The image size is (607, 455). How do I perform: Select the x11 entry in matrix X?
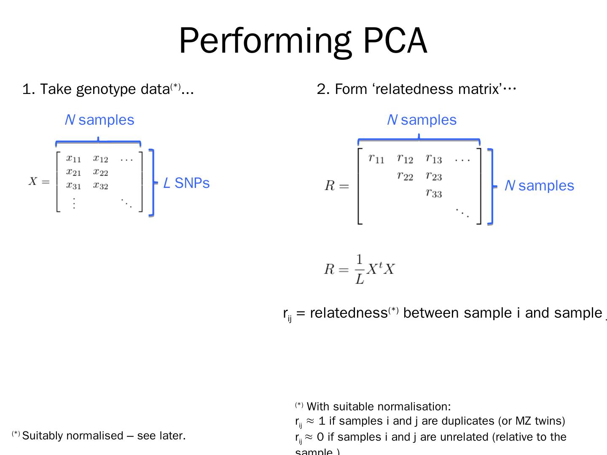pos(73,159)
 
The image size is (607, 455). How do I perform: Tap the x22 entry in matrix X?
pos(101,172)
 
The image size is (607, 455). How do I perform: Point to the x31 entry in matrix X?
pos(73,185)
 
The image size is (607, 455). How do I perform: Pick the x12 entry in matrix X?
pos(101,159)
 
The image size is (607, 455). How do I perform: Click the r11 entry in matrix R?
pos(376,159)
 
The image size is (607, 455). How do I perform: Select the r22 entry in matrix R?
pos(405,176)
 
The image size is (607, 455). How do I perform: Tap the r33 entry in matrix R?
pos(434,193)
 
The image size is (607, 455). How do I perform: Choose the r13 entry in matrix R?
pos(434,159)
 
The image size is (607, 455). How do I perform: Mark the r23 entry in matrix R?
pos(434,176)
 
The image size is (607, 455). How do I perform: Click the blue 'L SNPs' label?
pos(186,183)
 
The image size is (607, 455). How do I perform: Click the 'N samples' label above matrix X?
pos(99,120)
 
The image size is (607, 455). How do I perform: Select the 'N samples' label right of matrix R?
pos(539,186)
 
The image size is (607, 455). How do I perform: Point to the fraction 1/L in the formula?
pos(359,269)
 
